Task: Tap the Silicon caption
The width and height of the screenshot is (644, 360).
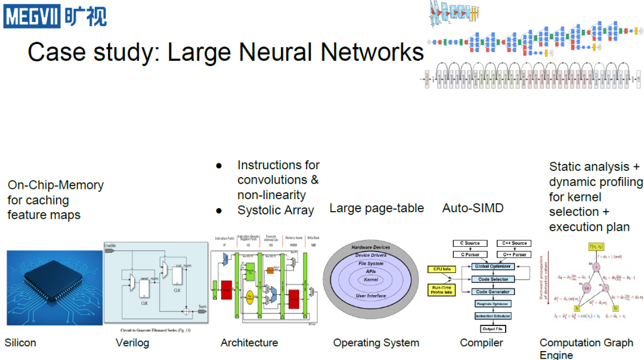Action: pyautogui.click(x=20, y=343)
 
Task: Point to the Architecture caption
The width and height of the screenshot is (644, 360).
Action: pyautogui.click(x=249, y=343)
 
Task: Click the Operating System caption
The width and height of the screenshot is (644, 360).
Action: pyautogui.click(x=376, y=343)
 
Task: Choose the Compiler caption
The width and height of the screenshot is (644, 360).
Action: pyautogui.click(x=481, y=343)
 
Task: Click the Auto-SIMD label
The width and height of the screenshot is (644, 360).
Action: pyautogui.click(x=473, y=208)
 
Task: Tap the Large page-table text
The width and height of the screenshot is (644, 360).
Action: pyautogui.click(x=376, y=208)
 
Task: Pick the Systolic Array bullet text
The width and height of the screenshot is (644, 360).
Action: pyautogui.click(x=275, y=210)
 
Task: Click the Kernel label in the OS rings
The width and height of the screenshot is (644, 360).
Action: pyautogui.click(x=371, y=280)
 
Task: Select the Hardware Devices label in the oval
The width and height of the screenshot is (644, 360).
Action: pyautogui.click(x=371, y=247)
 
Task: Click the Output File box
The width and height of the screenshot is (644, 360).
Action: pyautogui.click(x=493, y=329)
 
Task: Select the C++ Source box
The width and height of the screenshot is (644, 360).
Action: pyautogui.click(x=515, y=243)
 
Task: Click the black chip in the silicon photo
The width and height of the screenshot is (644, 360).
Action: pyautogui.click(x=55, y=285)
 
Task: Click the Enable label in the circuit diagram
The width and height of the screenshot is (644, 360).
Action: pyautogui.click(x=110, y=246)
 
